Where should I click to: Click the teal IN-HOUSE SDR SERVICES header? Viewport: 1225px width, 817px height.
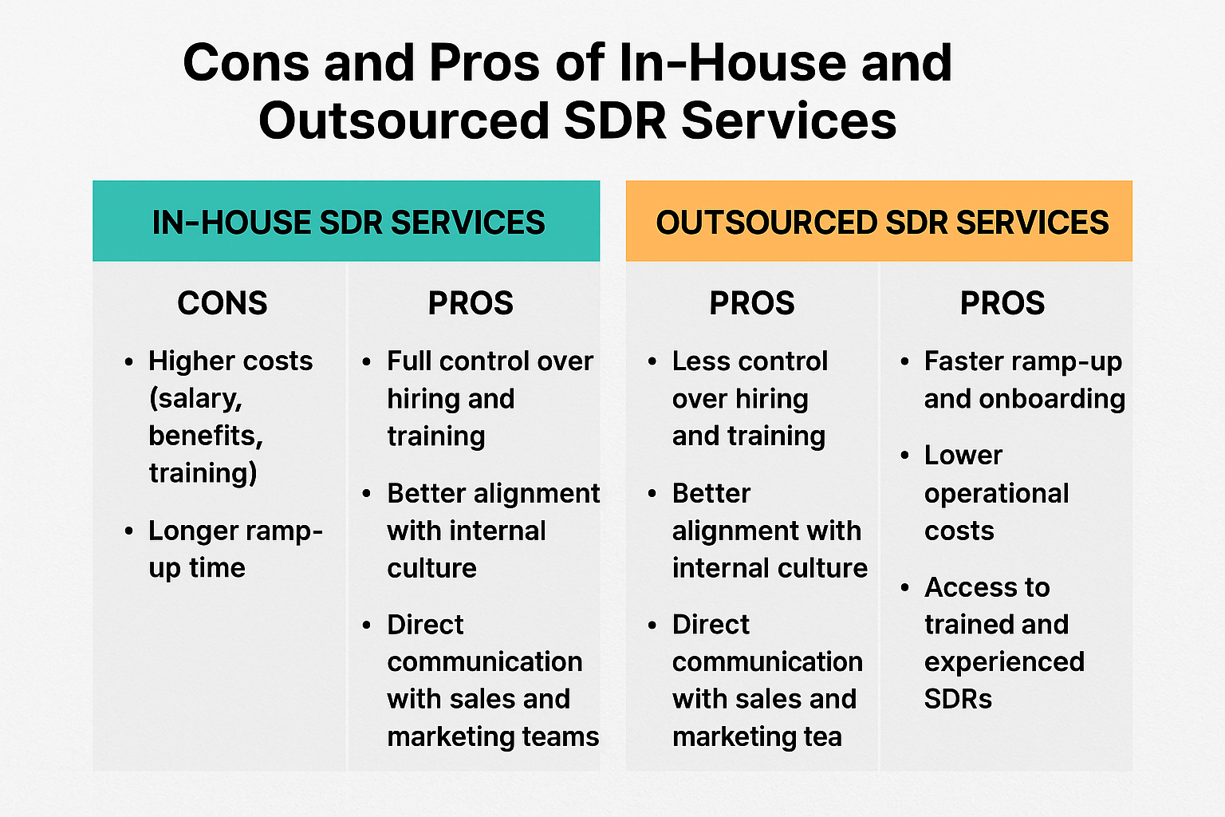(x=346, y=221)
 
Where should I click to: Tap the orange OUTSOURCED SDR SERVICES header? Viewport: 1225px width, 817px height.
(x=879, y=221)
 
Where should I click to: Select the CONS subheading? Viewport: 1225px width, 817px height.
(x=223, y=302)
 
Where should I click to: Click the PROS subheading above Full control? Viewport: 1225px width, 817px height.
(x=471, y=302)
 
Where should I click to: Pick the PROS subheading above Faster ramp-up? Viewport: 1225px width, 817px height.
(x=1002, y=302)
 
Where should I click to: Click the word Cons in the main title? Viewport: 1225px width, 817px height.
(x=246, y=63)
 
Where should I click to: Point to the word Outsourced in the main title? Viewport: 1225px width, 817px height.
(x=404, y=120)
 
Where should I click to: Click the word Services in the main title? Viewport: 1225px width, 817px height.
(x=789, y=120)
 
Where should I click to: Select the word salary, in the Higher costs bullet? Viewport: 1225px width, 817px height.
(x=195, y=399)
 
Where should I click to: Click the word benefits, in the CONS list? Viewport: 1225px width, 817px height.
(x=206, y=436)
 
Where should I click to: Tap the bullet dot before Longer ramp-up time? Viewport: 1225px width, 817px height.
(x=129, y=531)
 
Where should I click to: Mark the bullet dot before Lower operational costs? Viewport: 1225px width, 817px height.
(x=904, y=456)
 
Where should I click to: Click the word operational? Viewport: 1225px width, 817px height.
(x=996, y=494)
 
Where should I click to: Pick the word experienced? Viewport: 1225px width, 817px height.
(x=1004, y=662)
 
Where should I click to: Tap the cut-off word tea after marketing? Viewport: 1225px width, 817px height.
(x=822, y=736)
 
